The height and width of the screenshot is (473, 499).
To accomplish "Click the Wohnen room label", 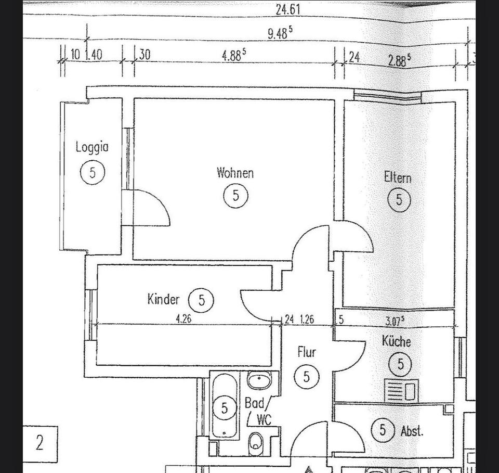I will pyautogui.click(x=235, y=172).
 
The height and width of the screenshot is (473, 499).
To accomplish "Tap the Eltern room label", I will pyautogui.click(x=398, y=177).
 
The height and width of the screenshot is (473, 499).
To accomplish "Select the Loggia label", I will pyautogui.click(x=92, y=147).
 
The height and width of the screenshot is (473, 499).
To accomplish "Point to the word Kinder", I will pyautogui.click(x=163, y=299).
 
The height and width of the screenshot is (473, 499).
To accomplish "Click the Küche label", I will pyautogui.click(x=396, y=341).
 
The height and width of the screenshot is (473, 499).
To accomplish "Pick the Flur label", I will pyautogui.click(x=306, y=352).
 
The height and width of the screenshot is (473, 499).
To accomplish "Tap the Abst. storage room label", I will pyautogui.click(x=412, y=431).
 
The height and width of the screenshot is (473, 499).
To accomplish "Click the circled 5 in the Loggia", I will pyautogui.click(x=93, y=172).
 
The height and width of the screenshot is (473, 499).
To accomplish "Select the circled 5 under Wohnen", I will pyautogui.click(x=235, y=196).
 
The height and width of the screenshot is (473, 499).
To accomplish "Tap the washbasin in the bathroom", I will pyautogui.click(x=258, y=381).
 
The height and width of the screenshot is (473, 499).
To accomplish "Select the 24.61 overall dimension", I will pyautogui.click(x=287, y=9).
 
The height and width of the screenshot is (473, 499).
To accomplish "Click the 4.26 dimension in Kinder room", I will pyautogui.click(x=183, y=319).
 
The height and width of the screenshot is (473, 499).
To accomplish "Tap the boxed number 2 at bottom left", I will pyautogui.click(x=40, y=443).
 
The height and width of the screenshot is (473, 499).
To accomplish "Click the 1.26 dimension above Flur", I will pyautogui.click(x=307, y=319).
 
